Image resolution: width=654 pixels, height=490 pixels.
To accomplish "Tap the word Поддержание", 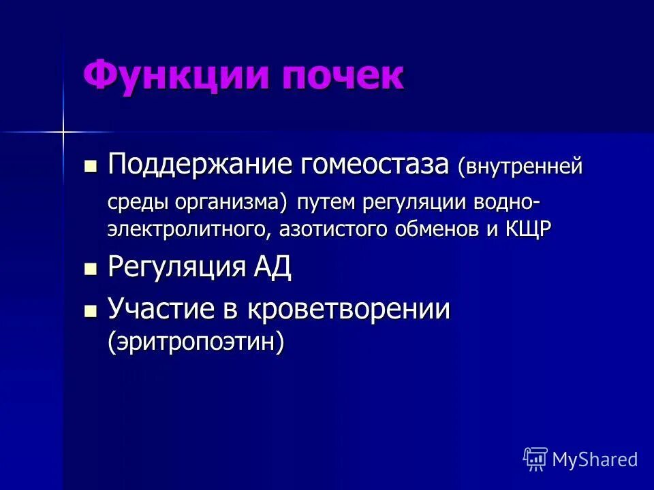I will click(192, 165).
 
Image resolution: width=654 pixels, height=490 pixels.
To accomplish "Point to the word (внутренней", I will click(520, 167).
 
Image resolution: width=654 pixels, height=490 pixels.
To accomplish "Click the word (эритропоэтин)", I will click(195, 342).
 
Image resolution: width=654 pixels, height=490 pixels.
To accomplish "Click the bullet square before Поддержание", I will click(91, 166).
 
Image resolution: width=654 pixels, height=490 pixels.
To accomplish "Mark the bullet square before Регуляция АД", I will click(91, 269).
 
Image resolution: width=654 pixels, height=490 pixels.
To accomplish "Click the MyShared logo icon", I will click(535, 459).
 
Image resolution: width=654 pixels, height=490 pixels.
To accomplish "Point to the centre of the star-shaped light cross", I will click(63, 131).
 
